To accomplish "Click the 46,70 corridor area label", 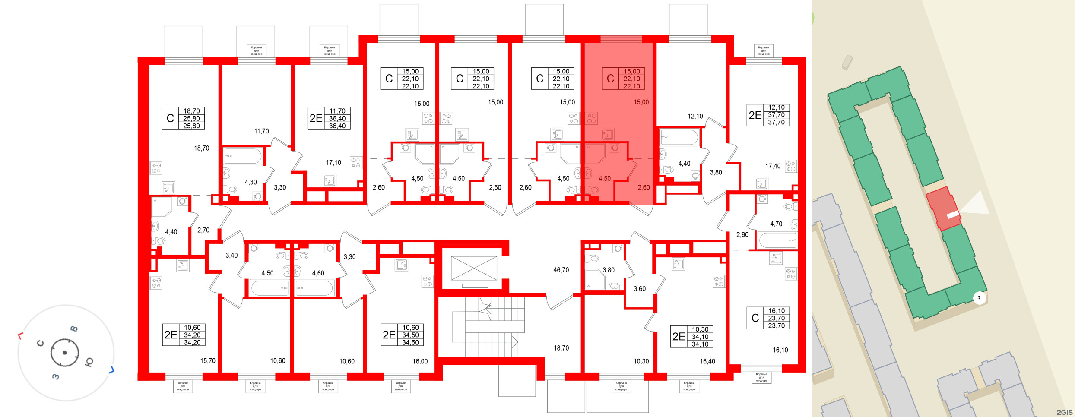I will [561, 270].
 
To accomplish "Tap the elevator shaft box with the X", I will [474, 268].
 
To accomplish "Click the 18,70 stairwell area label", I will [561, 348].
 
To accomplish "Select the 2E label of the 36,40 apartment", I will [316, 118].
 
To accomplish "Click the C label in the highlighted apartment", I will [610, 79].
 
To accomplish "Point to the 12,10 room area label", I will [695, 116].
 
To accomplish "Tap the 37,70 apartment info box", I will [768, 115].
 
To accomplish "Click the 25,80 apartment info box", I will [183, 118].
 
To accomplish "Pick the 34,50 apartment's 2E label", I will [389, 335].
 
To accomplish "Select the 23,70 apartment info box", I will [768, 318].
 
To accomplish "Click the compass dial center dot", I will [65, 353].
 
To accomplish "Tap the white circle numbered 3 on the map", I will [979, 298].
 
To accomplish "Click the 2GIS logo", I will [1064, 412].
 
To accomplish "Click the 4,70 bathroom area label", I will [776, 224].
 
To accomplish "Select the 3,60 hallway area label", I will [639, 289].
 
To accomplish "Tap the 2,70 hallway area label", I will [203, 231].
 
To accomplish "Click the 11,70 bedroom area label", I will [261, 131].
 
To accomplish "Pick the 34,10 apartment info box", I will [692, 337].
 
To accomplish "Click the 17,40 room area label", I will [773, 166].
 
